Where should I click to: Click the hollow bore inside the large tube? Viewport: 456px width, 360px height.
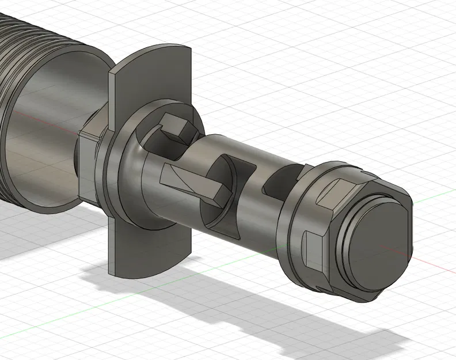52,132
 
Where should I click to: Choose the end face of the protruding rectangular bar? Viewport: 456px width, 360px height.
216,196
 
